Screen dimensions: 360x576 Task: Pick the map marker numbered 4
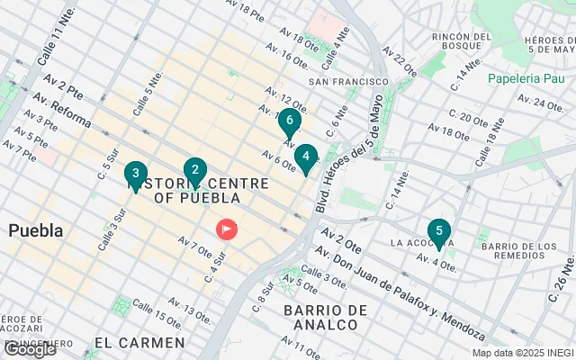click(x=306, y=158)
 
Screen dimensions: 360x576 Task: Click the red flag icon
click(x=225, y=229)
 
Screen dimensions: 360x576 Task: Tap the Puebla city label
click(x=36, y=230)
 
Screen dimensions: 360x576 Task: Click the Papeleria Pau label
click(x=525, y=78)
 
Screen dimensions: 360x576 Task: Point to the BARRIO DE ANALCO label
click(x=325, y=319)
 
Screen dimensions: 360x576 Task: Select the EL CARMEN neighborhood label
click(x=139, y=343)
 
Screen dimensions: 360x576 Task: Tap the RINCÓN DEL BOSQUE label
click(x=463, y=42)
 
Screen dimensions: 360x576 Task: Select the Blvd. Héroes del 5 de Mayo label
click(x=350, y=153)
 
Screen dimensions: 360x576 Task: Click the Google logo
click(x=30, y=349)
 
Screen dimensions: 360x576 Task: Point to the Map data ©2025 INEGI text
click(x=523, y=353)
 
